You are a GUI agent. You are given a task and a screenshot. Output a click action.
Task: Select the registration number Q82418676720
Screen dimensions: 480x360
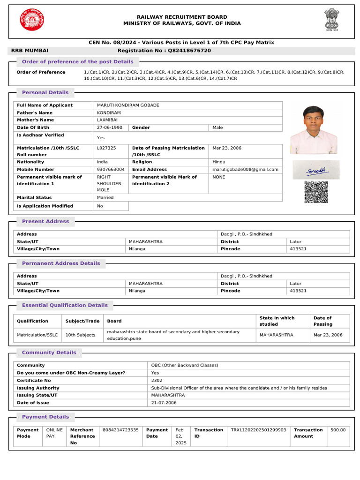pyautogui.click(x=187, y=51)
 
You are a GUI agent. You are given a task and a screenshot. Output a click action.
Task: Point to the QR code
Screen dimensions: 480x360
pyautogui.click(x=316, y=192)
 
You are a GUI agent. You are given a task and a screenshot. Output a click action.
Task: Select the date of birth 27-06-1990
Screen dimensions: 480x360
pyautogui.click(x=109, y=127)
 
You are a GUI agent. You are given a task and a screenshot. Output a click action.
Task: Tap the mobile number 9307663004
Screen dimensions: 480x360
pyautogui.click(x=111, y=170)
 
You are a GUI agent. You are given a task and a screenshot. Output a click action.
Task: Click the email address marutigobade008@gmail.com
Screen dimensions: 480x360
pyautogui.click(x=245, y=170)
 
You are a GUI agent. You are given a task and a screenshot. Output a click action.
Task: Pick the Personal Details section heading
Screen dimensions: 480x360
pyautogui.click(x=45, y=93)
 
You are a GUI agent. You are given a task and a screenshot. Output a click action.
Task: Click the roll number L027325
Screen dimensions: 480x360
pyautogui.click(x=106, y=148)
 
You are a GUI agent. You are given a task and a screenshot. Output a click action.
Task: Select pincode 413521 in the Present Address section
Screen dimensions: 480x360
pyautogui.click(x=298, y=249)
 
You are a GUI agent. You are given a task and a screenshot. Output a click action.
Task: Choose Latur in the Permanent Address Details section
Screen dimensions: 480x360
pyautogui.click(x=295, y=284)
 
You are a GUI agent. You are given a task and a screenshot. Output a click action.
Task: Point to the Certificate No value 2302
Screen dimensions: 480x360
pyautogui.click(x=157, y=381)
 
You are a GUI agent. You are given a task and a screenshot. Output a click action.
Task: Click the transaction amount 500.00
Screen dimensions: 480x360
pyautogui.click(x=338, y=430)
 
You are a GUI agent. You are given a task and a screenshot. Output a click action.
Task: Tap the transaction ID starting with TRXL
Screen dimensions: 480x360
pyautogui.click(x=258, y=430)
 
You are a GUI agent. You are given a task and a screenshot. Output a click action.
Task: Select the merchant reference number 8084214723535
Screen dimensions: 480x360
pyautogui.click(x=120, y=430)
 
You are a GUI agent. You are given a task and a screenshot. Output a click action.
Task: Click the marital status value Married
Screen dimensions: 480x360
pyautogui.click(x=105, y=198)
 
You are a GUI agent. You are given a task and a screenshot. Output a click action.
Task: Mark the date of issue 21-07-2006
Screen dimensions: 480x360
pyautogui.click(x=164, y=403)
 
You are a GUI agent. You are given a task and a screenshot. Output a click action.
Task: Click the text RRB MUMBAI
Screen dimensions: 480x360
pyautogui.click(x=30, y=51)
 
